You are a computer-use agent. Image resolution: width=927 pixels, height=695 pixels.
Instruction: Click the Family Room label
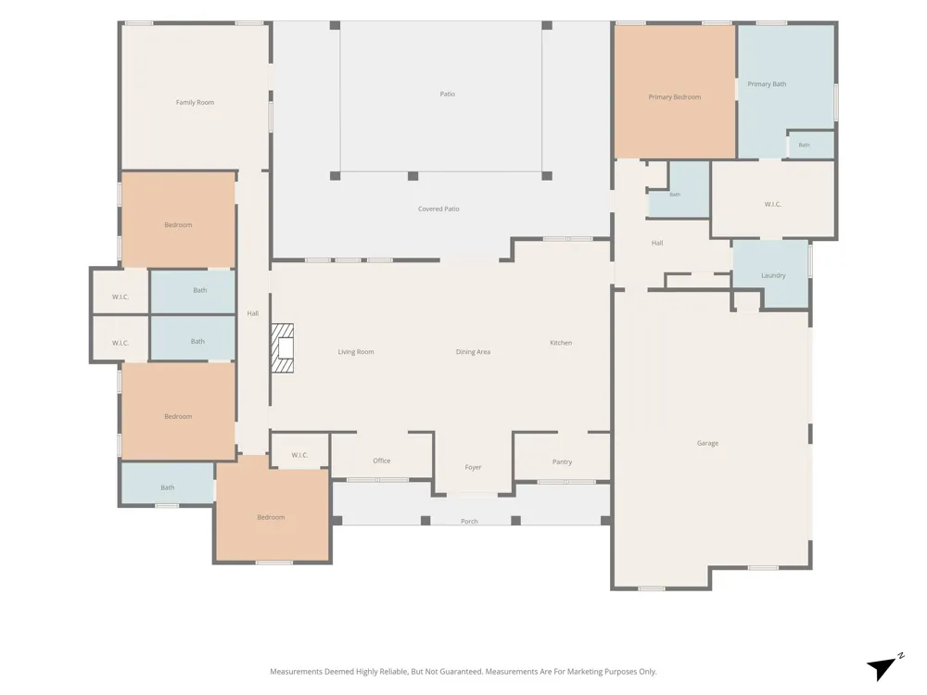(195, 102)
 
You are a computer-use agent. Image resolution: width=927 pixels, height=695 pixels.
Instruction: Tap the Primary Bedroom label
(675, 97)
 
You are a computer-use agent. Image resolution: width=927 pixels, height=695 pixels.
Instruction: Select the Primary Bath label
(767, 84)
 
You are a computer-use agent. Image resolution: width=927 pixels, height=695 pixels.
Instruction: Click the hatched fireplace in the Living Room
(283, 348)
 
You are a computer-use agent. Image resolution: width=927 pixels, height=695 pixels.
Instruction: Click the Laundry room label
(773, 275)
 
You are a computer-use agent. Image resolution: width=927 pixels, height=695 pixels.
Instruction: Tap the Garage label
(707, 443)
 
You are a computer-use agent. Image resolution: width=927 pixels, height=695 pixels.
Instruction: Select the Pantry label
(563, 462)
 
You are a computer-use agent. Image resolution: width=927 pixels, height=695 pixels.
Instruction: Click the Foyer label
(473, 467)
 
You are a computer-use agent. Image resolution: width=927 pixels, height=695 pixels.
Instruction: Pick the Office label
(382, 461)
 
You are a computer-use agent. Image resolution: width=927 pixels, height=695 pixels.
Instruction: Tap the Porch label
(469, 521)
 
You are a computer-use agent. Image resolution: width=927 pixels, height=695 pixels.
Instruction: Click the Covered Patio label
(438, 209)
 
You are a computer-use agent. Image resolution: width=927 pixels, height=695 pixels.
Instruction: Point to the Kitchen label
(561, 343)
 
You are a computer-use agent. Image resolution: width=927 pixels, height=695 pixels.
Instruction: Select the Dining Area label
(473, 352)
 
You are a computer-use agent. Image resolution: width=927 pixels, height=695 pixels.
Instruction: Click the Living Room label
(356, 352)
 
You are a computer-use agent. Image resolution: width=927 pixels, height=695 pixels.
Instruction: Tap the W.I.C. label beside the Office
(299, 455)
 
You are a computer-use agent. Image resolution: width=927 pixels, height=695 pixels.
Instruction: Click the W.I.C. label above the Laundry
(773, 205)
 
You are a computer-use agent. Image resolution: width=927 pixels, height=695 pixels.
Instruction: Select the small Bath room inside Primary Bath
(810, 145)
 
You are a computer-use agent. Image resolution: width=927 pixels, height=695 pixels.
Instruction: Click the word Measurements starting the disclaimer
(297, 671)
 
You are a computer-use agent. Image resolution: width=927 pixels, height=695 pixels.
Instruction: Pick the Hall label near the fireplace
(253, 314)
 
